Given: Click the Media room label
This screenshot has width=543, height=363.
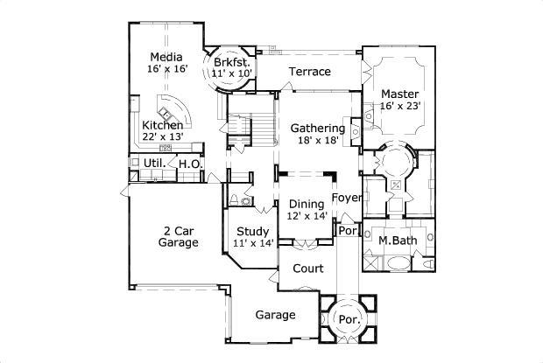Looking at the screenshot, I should [x=166, y=59].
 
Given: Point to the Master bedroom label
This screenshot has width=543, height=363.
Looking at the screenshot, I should [x=399, y=93].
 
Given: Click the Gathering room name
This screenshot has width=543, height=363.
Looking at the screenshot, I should [x=317, y=129].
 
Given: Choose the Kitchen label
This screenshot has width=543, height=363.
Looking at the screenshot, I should [x=163, y=125].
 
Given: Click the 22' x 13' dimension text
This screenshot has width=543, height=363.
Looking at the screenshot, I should [x=163, y=137].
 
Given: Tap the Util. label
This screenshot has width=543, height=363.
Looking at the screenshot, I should [x=153, y=164].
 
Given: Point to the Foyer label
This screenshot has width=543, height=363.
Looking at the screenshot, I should [x=348, y=198].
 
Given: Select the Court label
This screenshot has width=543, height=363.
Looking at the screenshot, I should [x=307, y=269].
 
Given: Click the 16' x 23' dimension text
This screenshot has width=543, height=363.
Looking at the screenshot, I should [x=400, y=105].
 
